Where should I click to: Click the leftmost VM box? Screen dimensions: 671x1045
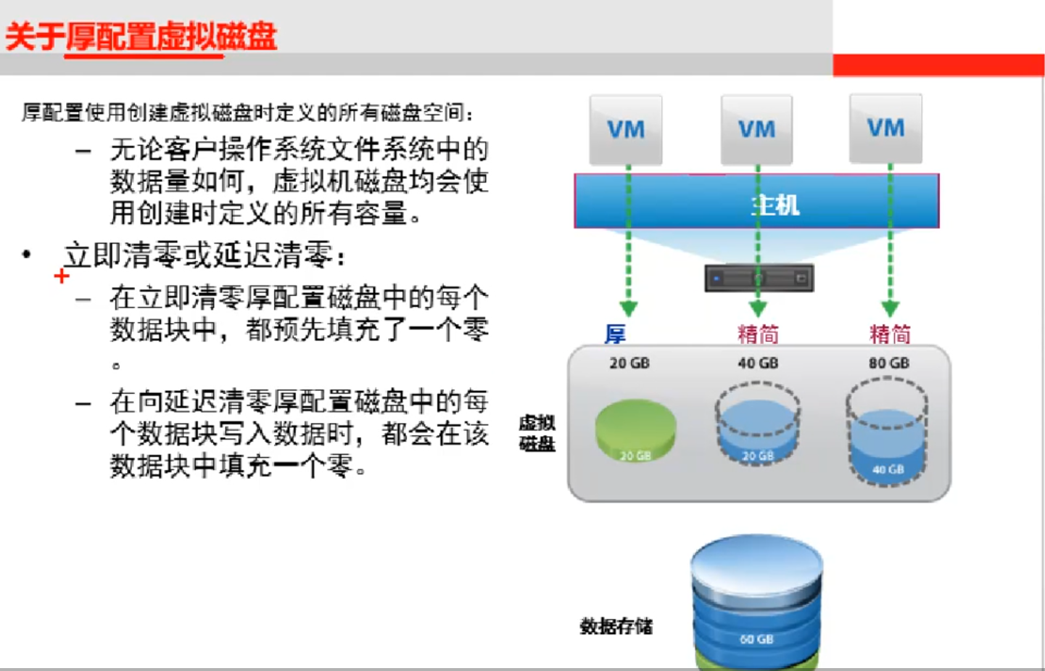pyautogui.click(x=626, y=130)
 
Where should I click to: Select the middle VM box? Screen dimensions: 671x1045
pyautogui.click(x=756, y=130)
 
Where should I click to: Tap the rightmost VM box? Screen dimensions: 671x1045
pyautogui.click(x=885, y=128)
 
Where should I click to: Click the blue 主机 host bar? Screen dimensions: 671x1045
pyautogui.click(x=756, y=202)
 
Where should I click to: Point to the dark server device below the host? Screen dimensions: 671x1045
pyautogui.click(x=759, y=278)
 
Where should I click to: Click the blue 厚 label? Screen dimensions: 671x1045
pyautogui.click(x=615, y=334)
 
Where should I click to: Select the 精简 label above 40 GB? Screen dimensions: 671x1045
pyautogui.click(x=758, y=334)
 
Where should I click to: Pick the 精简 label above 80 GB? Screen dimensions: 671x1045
pyautogui.click(x=890, y=334)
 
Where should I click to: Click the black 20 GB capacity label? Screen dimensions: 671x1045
pyautogui.click(x=629, y=363)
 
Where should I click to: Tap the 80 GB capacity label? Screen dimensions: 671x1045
pyautogui.click(x=889, y=363)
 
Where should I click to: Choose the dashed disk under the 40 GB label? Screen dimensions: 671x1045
pyautogui.click(x=758, y=424)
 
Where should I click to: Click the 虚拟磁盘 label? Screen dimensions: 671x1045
pyautogui.click(x=537, y=433)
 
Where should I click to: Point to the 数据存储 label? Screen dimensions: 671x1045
pyautogui.click(x=616, y=626)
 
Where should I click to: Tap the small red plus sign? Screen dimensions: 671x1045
pyautogui.click(x=62, y=276)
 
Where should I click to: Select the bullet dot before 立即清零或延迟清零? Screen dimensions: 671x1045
pyautogui.click(x=27, y=254)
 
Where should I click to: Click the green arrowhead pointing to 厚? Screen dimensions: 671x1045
pyautogui.click(x=629, y=309)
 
